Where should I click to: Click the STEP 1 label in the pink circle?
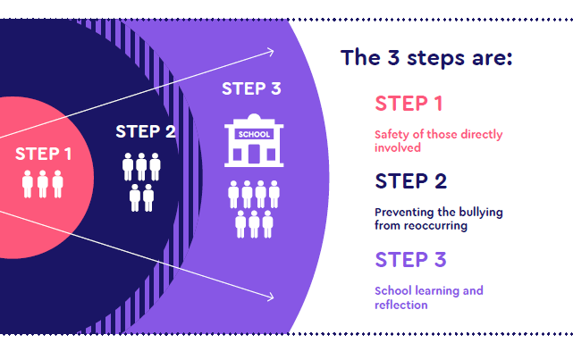[x=43, y=154]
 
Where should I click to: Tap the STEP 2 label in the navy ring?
[x=145, y=132]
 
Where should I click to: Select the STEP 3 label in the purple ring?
[x=251, y=88]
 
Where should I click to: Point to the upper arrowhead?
[x=269, y=52]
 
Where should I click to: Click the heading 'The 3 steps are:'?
[x=426, y=59]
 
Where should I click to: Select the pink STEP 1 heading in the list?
[x=409, y=104]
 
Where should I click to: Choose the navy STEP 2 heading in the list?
[x=410, y=181]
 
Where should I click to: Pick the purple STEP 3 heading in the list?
[x=410, y=260]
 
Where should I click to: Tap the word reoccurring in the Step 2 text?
[x=434, y=226]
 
